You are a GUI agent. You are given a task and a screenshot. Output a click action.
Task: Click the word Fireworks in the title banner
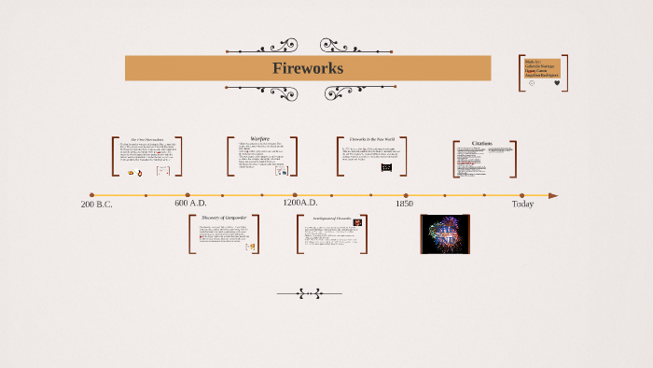pyautogui.click(x=308, y=68)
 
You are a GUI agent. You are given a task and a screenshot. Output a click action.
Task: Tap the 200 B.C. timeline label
pyautogui.click(x=96, y=204)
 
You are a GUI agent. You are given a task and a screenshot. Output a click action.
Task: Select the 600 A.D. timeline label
pyautogui.click(x=190, y=204)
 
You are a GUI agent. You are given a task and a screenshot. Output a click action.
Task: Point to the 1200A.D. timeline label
pyautogui.click(x=300, y=204)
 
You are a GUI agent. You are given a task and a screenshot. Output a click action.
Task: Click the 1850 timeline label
pyautogui.click(x=404, y=204)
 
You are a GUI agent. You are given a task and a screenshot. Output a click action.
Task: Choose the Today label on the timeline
pyautogui.click(x=522, y=204)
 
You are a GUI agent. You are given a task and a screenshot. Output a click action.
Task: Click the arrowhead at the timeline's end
pyautogui.click(x=553, y=195)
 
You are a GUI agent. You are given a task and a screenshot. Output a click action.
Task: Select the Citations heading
pyautogui.click(x=482, y=143)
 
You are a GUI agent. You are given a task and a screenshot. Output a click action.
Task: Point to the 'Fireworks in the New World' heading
pyautogui.click(x=372, y=139)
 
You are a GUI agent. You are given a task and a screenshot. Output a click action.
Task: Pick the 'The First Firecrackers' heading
pyautogui.click(x=146, y=139)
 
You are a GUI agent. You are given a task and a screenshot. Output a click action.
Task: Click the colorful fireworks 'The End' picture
pyautogui.click(x=445, y=234)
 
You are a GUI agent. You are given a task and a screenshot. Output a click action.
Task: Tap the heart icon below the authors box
pyautogui.click(x=557, y=83)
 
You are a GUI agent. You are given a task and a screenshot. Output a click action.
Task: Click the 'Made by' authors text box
pyautogui.click(x=542, y=67)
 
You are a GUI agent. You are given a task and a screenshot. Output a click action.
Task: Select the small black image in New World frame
pyautogui.click(x=386, y=168)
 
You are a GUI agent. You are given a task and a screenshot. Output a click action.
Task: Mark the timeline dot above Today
pyautogui.click(x=521, y=195)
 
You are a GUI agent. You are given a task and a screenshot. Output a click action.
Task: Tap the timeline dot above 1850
pyautogui.click(x=406, y=195)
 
